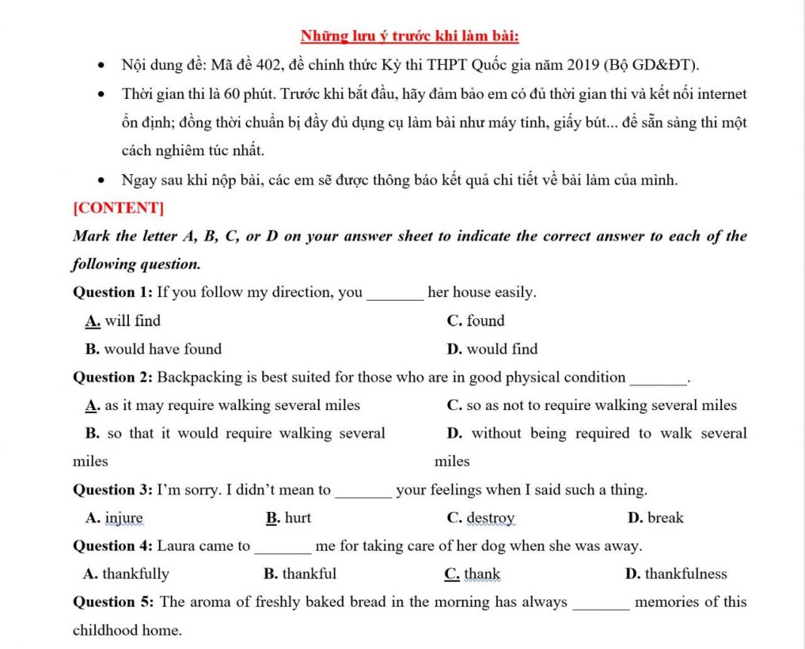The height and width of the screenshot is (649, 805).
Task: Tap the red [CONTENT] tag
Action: click(x=118, y=208)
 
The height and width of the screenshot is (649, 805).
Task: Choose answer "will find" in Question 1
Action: click(x=133, y=321)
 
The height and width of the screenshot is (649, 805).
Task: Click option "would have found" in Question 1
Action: click(x=163, y=349)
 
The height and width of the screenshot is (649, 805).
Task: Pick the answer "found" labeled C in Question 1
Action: click(x=485, y=321)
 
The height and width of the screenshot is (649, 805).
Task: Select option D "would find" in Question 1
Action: click(x=502, y=349)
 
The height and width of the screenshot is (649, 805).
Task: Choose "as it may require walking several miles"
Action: click(x=232, y=406)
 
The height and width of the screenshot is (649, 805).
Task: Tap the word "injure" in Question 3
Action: click(x=124, y=518)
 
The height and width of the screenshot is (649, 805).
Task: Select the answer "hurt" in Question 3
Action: click(x=298, y=518)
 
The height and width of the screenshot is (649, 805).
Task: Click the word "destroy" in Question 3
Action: click(x=491, y=518)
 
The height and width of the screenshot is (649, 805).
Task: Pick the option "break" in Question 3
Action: click(x=666, y=518)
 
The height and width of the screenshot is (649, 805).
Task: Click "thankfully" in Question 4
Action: click(x=136, y=574)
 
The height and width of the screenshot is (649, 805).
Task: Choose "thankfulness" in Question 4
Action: click(x=686, y=574)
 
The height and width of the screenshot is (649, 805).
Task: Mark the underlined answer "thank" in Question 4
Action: click(x=482, y=574)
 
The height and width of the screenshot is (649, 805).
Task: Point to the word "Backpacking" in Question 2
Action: click(x=199, y=378)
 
